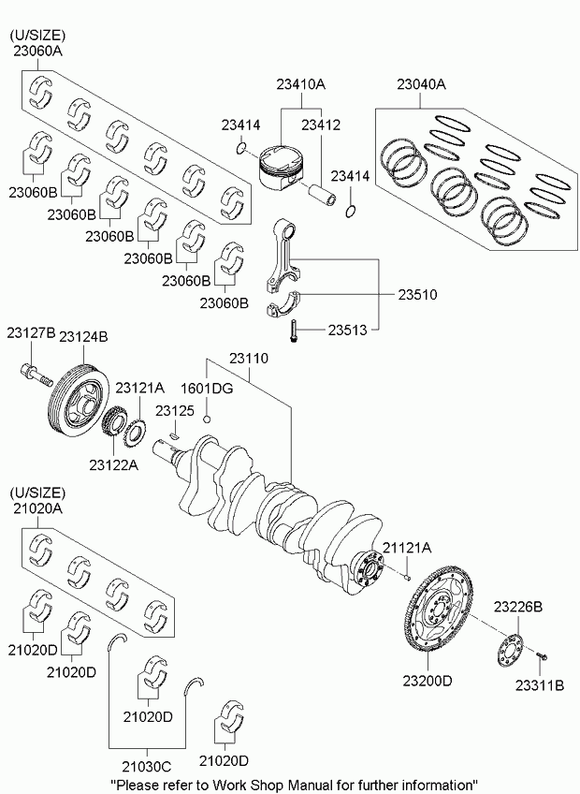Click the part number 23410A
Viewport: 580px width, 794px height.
(x=300, y=84)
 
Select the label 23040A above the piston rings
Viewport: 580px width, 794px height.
(x=421, y=84)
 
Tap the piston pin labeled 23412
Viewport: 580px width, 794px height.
(x=322, y=194)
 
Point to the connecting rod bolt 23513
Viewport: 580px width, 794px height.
(x=293, y=331)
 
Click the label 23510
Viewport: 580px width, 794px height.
(x=417, y=295)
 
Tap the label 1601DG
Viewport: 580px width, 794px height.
(x=207, y=389)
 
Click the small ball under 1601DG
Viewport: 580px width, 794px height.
(x=207, y=419)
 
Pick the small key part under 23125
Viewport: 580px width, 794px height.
(x=174, y=435)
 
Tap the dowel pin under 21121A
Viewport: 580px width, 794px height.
(x=407, y=577)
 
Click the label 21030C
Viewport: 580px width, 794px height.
(x=147, y=766)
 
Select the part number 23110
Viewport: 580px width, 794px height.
(x=249, y=359)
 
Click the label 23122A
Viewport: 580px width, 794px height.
(x=114, y=464)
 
